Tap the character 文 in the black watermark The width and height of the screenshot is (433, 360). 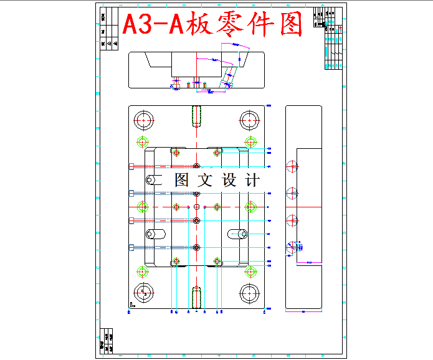pyautogui.click(x=204, y=181)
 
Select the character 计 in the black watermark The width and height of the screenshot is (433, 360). pyautogui.click(x=252, y=181)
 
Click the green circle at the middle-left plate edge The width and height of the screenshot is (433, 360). pyautogui.click(x=143, y=206)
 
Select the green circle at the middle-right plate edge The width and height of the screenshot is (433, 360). pyautogui.click(x=251, y=206)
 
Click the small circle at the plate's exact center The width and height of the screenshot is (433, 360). pyautogui.click(x=196, y=206)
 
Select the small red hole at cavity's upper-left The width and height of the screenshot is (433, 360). pyautogui.click(x=176, y=153)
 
